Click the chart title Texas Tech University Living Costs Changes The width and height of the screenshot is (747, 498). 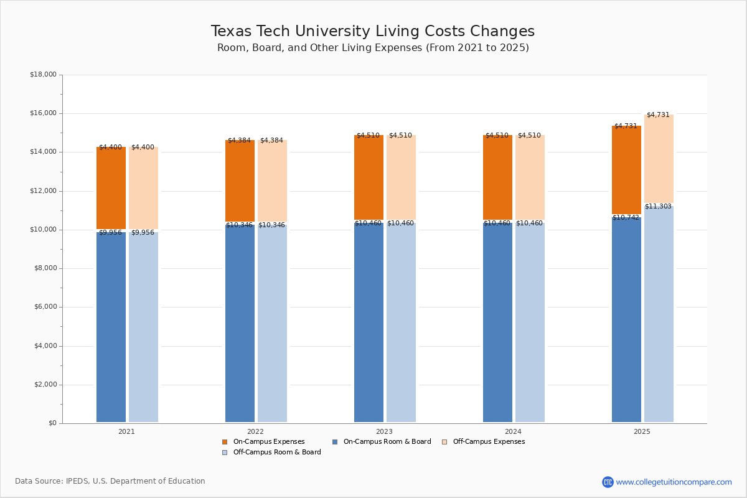click(373, 32)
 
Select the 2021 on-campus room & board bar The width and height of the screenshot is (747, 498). click(111, 327)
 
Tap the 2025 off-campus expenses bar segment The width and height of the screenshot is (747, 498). click(659, 159)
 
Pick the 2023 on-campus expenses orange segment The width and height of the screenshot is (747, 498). click(369, 177)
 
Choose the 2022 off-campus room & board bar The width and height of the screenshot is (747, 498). click(272, 324)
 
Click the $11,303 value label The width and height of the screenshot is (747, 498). click(658, 207)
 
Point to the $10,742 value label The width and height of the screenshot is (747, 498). click(626, 218)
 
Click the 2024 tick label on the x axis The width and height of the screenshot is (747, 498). click(513, 431)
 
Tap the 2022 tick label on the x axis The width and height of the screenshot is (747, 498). click(255, 431)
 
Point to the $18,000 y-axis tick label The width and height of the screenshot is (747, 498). click(43, 75)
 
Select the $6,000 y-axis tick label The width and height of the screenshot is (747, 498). click(45, 307)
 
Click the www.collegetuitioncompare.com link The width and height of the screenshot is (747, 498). click(674, 482)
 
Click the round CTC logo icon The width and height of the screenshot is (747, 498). click(608, 482)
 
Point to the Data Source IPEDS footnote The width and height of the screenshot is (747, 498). click(110, 481)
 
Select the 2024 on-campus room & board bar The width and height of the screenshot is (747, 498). click(497, 324)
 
